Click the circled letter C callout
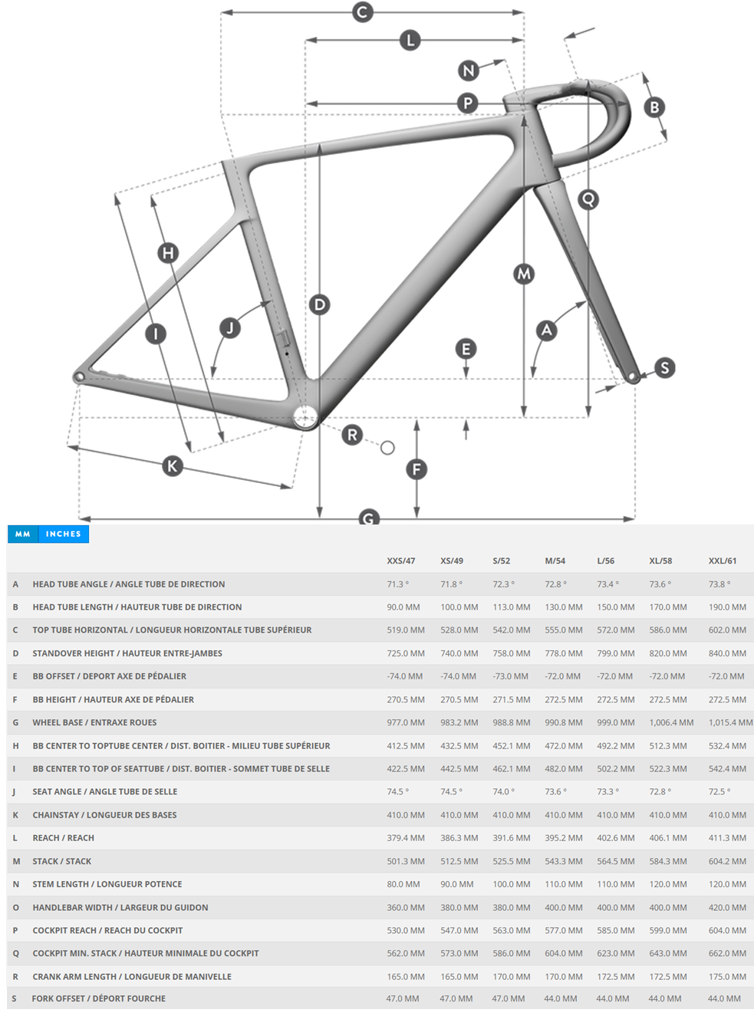[363, 12]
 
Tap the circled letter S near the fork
[664, 368]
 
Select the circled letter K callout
[172, 465]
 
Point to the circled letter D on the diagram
[319, 304]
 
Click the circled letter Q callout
[588, 199]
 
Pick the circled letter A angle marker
[546, 330]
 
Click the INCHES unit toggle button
[63, 534]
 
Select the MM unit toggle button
[23, 534]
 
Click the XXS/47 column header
[400, 561]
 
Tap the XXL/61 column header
[722, 561]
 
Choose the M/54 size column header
[555, 561]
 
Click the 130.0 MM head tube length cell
[563, 607]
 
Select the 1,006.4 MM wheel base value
[671, 722]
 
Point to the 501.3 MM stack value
[405, 861]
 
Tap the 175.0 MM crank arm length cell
[726, 976]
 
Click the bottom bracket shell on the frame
[305, 417]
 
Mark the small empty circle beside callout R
[387, 448]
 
